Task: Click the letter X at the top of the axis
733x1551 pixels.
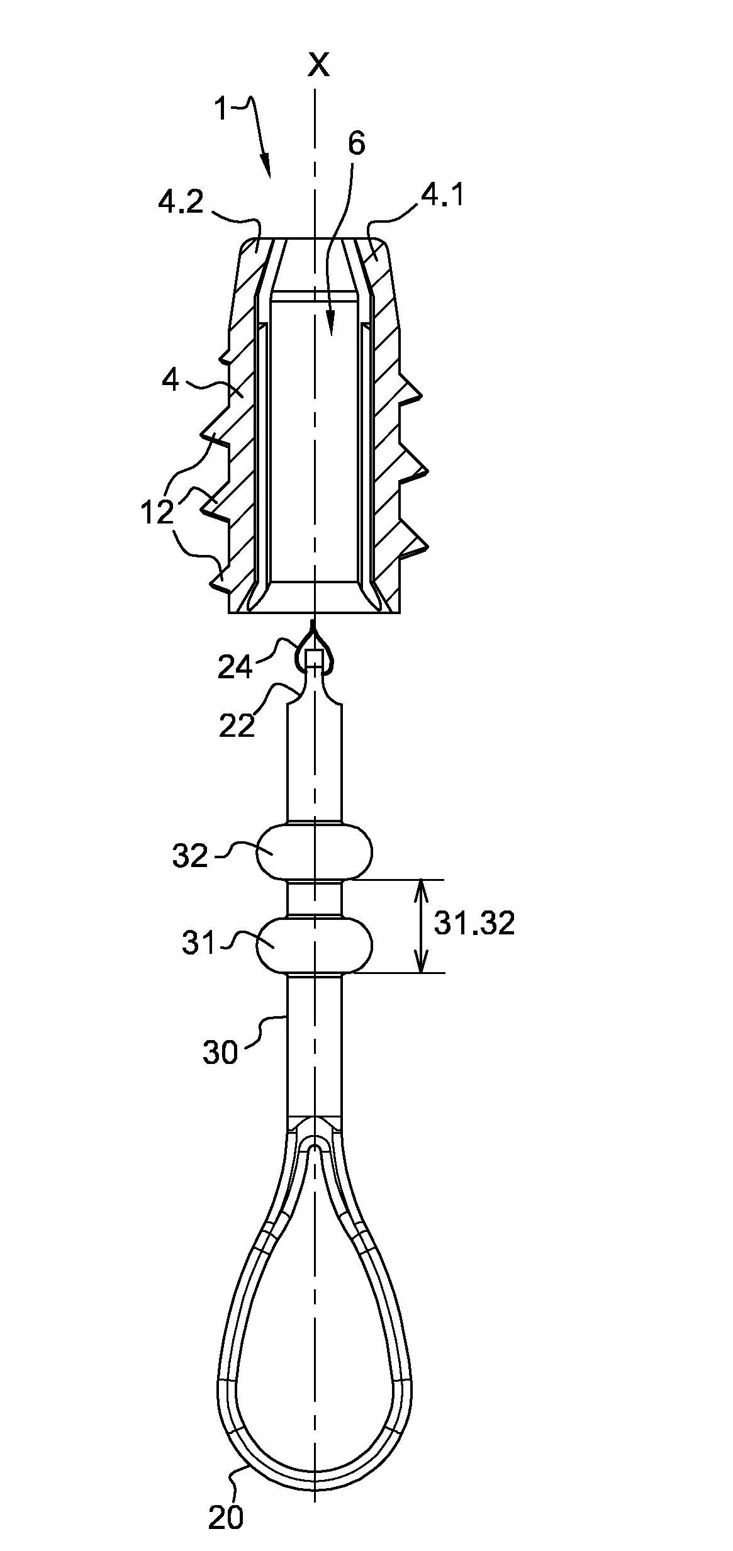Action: [x=319, y=64]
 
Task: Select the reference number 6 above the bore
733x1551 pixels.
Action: [x=356, y=144]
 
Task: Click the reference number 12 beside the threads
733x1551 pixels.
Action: [x=157, y=513]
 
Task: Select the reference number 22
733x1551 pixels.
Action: [x=237, y=725]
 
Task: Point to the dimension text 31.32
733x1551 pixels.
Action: [x=474, y=924]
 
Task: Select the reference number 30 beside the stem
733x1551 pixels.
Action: [x=220, y=1052]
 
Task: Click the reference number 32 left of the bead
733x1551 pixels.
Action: [x=190, y=856]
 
